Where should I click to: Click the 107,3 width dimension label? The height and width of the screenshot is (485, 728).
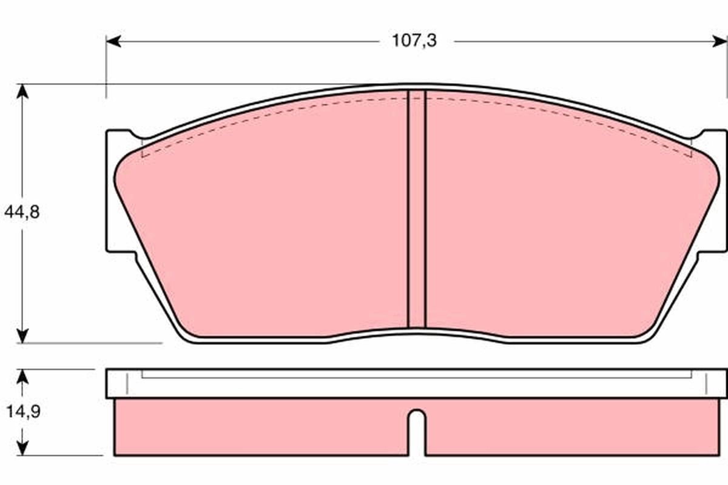pos(414,41)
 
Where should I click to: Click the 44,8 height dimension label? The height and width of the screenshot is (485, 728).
pos(22,212)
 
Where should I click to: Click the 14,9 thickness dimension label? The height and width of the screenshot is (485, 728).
pos(24,412)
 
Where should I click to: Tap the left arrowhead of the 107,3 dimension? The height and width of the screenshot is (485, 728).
pos(113,42)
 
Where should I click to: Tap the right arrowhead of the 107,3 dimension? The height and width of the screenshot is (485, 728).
pos(720,42)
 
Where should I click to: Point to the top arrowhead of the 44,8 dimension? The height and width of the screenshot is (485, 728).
pos(22,92)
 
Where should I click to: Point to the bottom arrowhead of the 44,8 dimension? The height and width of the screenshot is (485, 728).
pos(22,336)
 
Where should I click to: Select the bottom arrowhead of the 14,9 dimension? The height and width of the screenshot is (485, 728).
pos(22,448)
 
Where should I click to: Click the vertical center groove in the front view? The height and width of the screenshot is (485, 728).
pos(416,209)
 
